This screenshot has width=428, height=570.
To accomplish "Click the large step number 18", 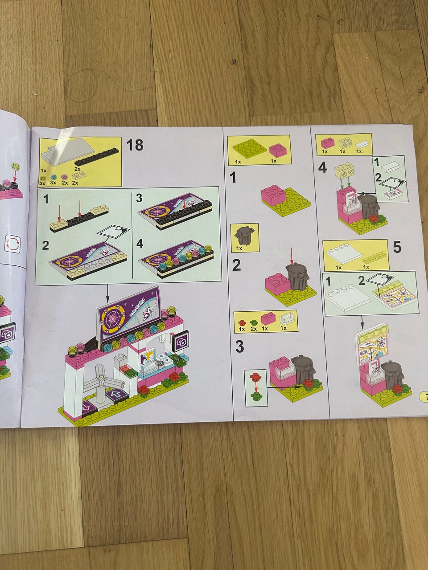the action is [x=135, y=145].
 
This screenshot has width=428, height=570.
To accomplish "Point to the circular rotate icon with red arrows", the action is [x=13, y=244].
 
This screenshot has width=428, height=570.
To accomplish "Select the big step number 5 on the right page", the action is [x=397, y=247].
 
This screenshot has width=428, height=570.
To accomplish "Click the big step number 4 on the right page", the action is [x=322, y=168].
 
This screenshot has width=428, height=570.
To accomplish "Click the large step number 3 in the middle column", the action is [x=239, y=346].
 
